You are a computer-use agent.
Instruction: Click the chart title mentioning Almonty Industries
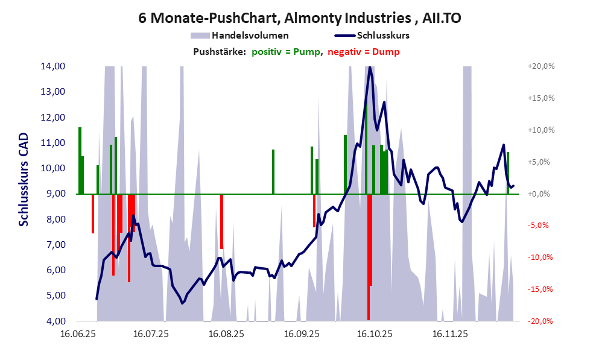[x=300, y=17]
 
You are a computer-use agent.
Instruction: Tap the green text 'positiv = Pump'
[x=285, y=52]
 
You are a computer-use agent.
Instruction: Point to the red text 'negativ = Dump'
[x=364, y=52]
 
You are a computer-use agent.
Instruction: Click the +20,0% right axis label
[x=540, y=66]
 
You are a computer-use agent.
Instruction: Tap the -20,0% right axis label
[x=540, y=321]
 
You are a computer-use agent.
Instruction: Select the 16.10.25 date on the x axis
[x=375, y=333]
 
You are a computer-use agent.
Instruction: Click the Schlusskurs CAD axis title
[x=24, y=179]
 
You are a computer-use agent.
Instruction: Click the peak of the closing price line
[x=370, y=67]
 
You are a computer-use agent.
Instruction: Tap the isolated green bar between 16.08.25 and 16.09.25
[x=273, y=172]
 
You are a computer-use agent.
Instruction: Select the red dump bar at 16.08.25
[x=222, y=221]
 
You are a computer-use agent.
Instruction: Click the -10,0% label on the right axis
[x=540, y=257]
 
